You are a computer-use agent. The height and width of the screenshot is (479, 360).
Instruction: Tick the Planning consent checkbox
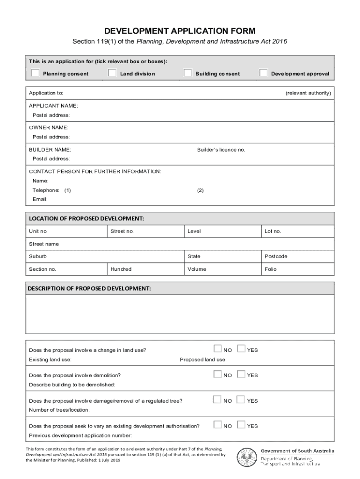coord(36,73)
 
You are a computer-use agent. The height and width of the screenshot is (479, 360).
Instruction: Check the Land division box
coord(112,73)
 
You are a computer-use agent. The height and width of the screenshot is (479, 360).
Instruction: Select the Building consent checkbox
coord(187,73)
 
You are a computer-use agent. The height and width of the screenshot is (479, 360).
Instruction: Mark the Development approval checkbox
coord(264,73)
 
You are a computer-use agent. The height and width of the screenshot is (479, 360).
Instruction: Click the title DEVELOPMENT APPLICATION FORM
coord(180,31)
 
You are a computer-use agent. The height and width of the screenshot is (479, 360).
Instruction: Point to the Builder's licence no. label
coord(221,150)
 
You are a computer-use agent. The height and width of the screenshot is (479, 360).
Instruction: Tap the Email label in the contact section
coord(40,199)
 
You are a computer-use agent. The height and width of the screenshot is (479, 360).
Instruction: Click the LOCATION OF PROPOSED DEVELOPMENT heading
coord(86,218)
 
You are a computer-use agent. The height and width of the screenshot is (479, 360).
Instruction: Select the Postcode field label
coord(276,256)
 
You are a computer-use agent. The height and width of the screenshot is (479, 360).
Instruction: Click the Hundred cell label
coord(121,269)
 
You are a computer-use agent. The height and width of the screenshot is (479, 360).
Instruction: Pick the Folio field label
coord(271,269)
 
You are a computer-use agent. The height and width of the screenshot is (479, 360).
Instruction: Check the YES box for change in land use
coord(241,349)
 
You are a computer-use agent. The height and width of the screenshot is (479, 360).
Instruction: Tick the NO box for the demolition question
coord(217,374)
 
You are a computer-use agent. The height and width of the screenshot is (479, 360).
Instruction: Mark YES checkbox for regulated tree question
coord(241,400)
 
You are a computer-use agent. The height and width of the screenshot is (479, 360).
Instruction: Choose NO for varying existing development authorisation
coord(217,425)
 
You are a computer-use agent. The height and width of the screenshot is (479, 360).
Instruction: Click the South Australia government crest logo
coord(246,457)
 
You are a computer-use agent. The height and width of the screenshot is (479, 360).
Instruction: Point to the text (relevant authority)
coord(308,93)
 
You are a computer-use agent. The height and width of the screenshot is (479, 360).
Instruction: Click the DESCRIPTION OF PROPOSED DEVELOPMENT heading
coord(90,289)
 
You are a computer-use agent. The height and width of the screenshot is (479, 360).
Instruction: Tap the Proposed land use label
coord(203,360)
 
